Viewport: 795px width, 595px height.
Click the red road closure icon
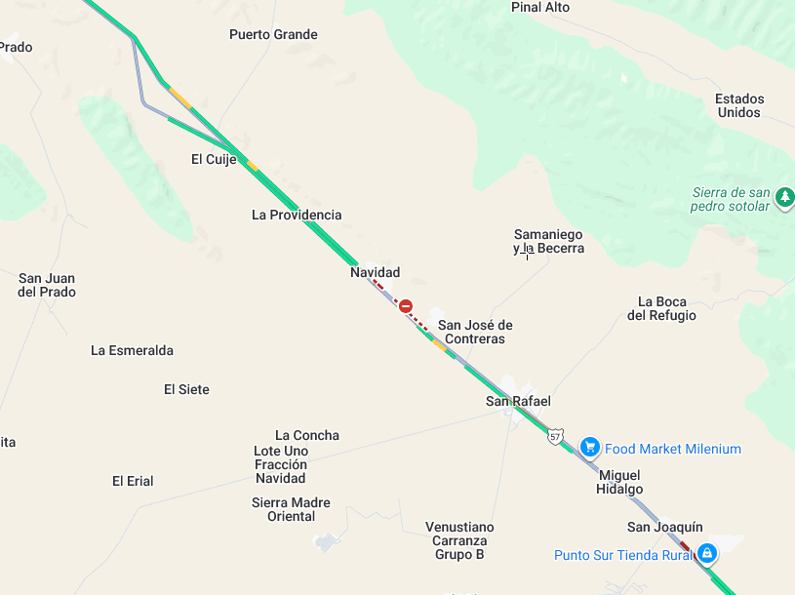coord(406,306)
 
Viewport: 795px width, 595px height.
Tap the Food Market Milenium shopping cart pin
coord(589,447)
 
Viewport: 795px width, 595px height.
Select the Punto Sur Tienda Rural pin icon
coord(708,554)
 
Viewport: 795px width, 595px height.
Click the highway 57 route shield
coord(555,436)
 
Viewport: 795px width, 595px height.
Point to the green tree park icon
coord(784,198)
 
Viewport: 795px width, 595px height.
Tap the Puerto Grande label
coord(273,35)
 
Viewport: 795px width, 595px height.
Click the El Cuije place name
coord(214,159)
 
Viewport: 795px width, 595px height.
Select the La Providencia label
coord(297,215)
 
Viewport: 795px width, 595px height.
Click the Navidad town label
coord(376,273)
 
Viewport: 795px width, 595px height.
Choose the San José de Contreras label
coord(475,332)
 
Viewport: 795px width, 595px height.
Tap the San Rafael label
coord(518,401)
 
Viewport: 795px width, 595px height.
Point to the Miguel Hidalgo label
coord(619,482)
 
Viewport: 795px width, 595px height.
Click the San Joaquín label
coord(664,528)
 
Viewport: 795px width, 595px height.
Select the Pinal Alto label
coord(540,8)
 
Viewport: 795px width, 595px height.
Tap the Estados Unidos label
coord(739,105)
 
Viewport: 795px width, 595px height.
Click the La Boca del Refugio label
coord(661,308)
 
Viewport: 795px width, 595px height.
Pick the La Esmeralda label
coord(132,350)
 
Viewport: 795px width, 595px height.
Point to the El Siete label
coord(186,389)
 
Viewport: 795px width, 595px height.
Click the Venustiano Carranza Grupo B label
coord(459,540)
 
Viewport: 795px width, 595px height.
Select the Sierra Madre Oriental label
coord(291,509)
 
